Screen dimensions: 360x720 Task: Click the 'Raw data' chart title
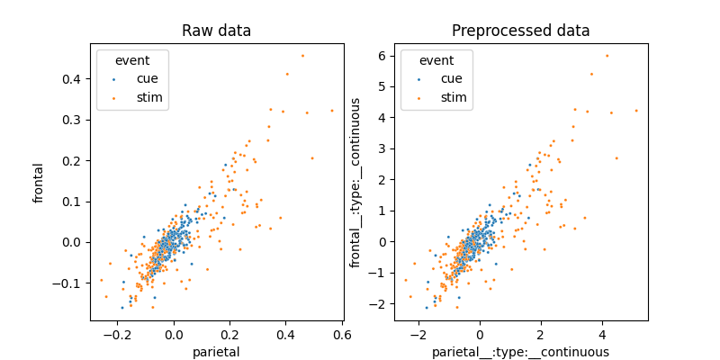pos(216,31)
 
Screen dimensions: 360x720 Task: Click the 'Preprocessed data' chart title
pos(520,31)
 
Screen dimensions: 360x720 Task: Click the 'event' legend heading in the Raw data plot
pos(131,59)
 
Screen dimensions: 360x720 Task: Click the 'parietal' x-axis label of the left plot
pos(216,352)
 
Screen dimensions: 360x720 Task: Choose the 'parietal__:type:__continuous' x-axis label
pos(520,352)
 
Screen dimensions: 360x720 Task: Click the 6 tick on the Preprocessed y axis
pos(382,55)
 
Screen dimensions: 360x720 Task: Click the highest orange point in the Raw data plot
pos(302,56)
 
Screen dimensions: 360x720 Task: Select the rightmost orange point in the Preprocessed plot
pos(635,111)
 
